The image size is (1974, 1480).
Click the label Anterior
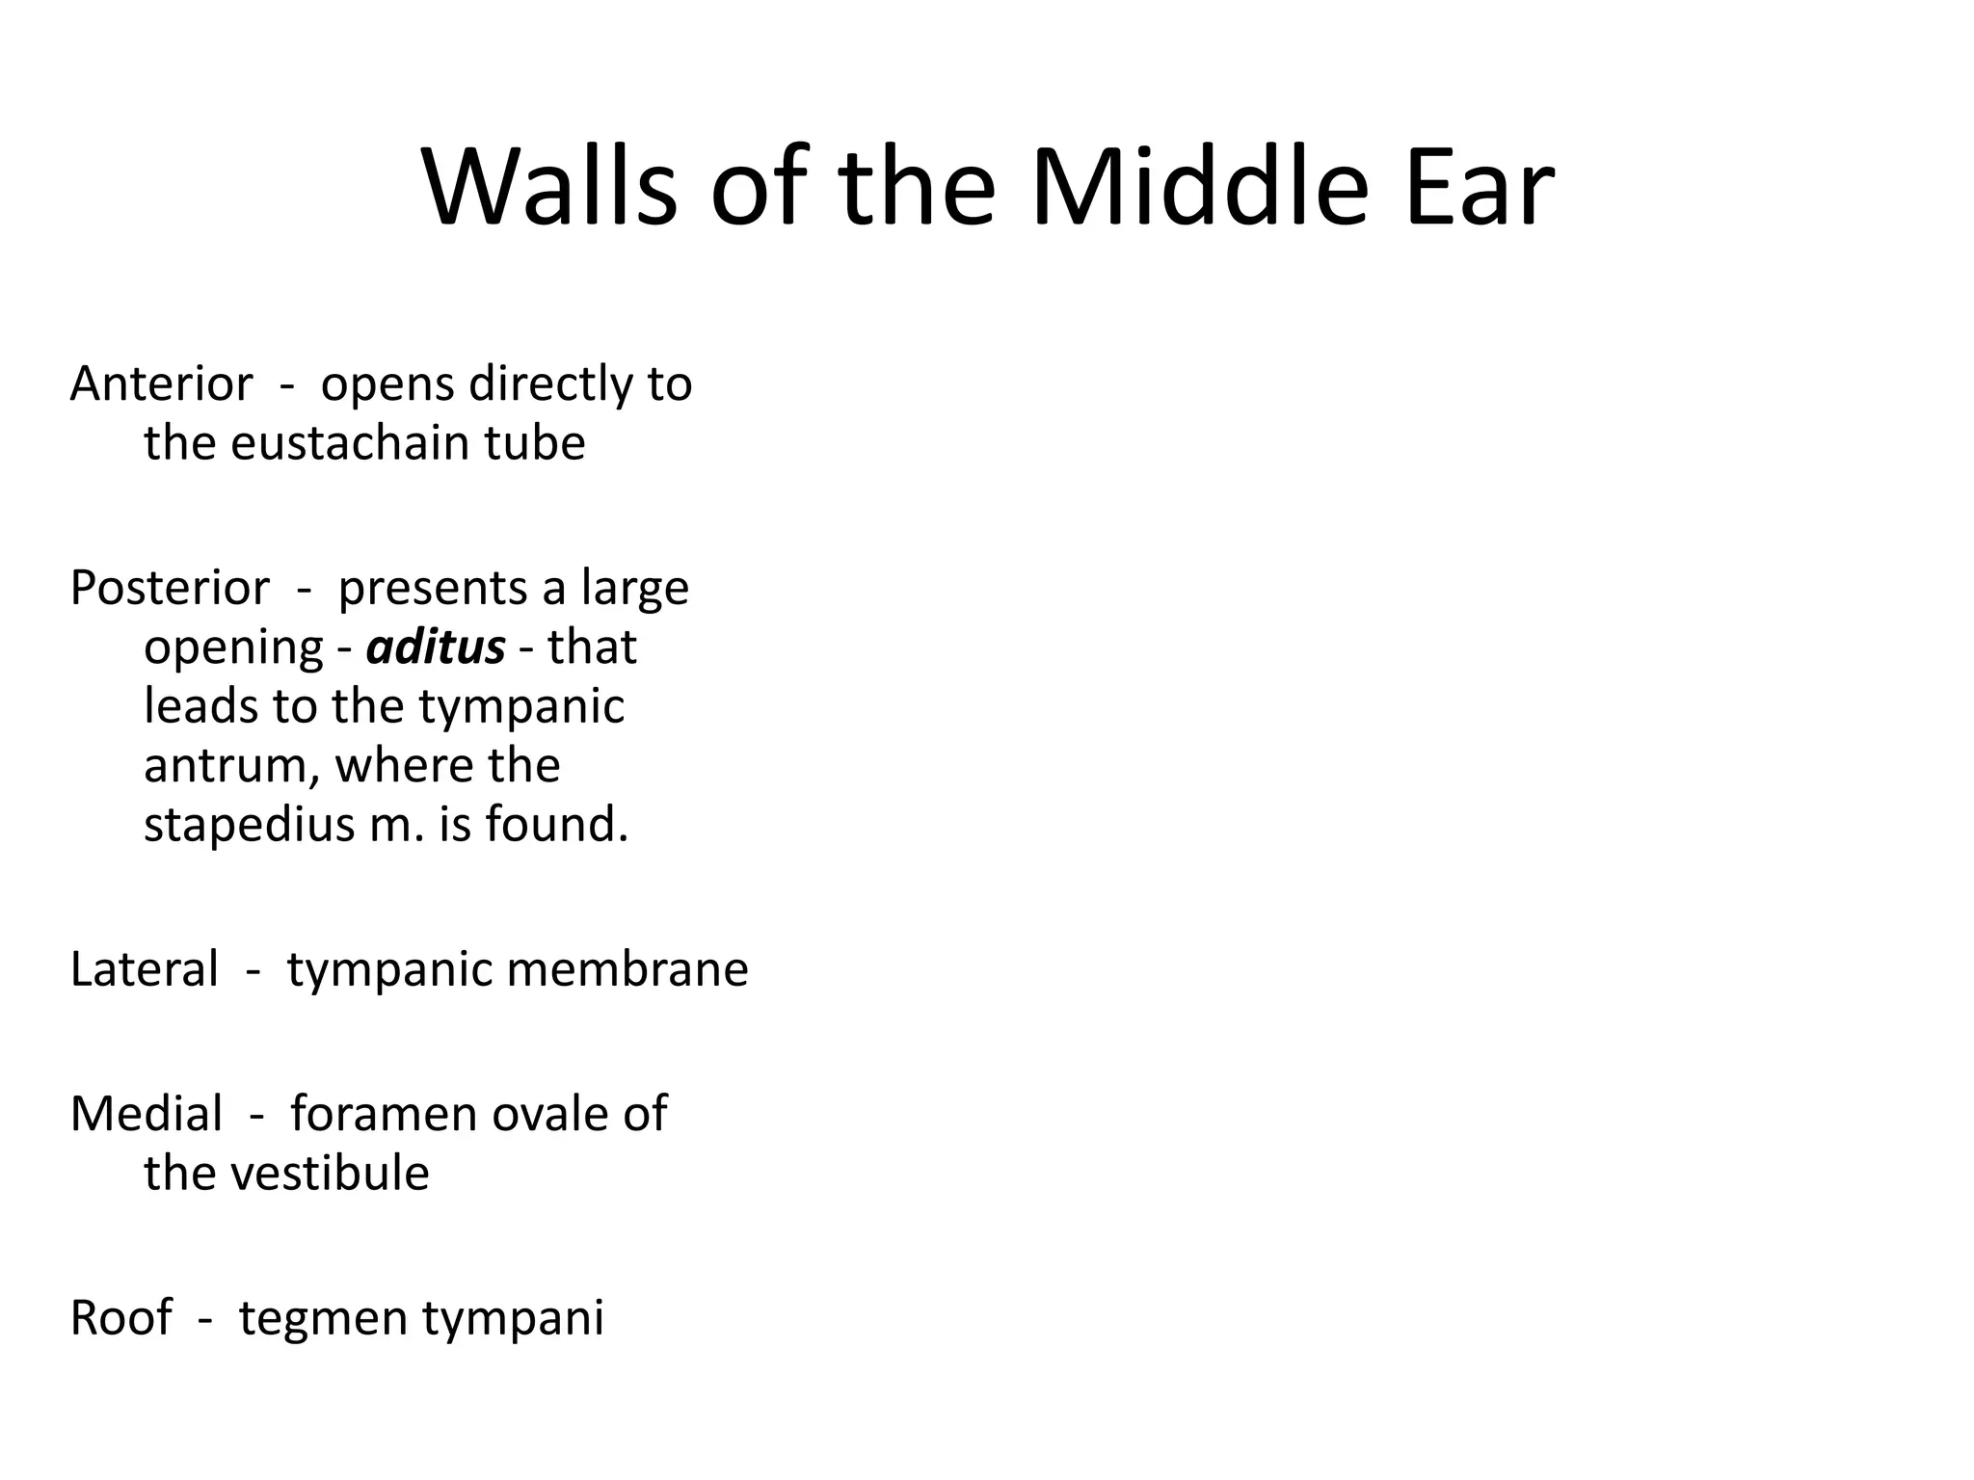[x=162, y=384]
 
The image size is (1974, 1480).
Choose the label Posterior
[x=170, y=588]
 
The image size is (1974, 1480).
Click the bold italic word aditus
[x=436, y=647]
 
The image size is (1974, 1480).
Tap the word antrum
[x=231, y=766]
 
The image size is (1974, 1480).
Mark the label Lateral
[x=145, y=969]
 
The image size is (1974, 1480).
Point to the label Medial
[x=147, y=1115]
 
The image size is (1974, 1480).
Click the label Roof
[x=121, y=1318]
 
